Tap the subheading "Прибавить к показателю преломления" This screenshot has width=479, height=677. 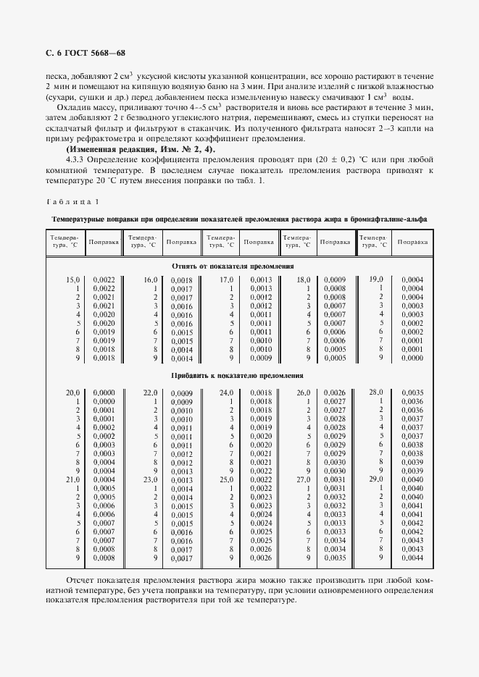pyautogui.click(x=237, y=376)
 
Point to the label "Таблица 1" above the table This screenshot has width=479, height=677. pyautogui.click(x=73, y=201)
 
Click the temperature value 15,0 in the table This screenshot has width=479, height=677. pyautogui.click(x=72, y=279)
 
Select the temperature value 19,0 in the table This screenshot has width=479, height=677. pyautogui.click(x=375, y=279)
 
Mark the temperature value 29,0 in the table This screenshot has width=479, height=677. pyautogui.click(x=375, y=479)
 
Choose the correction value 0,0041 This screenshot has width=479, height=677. pyautogui.click(x=412, y=513)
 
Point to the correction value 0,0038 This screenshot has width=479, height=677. pyautogui.click(x=412, y=445)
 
